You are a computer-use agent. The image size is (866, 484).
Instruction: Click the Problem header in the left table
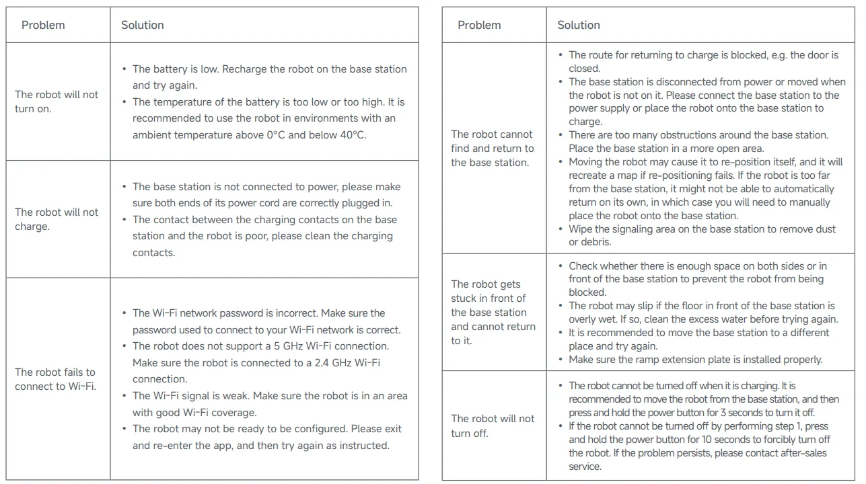43,26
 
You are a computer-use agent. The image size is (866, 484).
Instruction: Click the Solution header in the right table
578,26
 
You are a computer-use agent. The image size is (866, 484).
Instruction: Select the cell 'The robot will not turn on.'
57,102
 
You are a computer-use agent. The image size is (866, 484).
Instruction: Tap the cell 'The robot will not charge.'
57,219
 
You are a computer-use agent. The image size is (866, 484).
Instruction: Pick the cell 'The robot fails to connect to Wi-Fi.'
55,379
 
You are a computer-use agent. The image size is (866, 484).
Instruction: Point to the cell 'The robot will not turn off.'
493,426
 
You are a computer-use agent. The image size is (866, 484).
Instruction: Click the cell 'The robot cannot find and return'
492,148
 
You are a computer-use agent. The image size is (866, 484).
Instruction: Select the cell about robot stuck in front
493,312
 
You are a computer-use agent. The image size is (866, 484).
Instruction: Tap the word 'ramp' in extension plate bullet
645,360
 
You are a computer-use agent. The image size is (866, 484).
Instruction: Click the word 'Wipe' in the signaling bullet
582,229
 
